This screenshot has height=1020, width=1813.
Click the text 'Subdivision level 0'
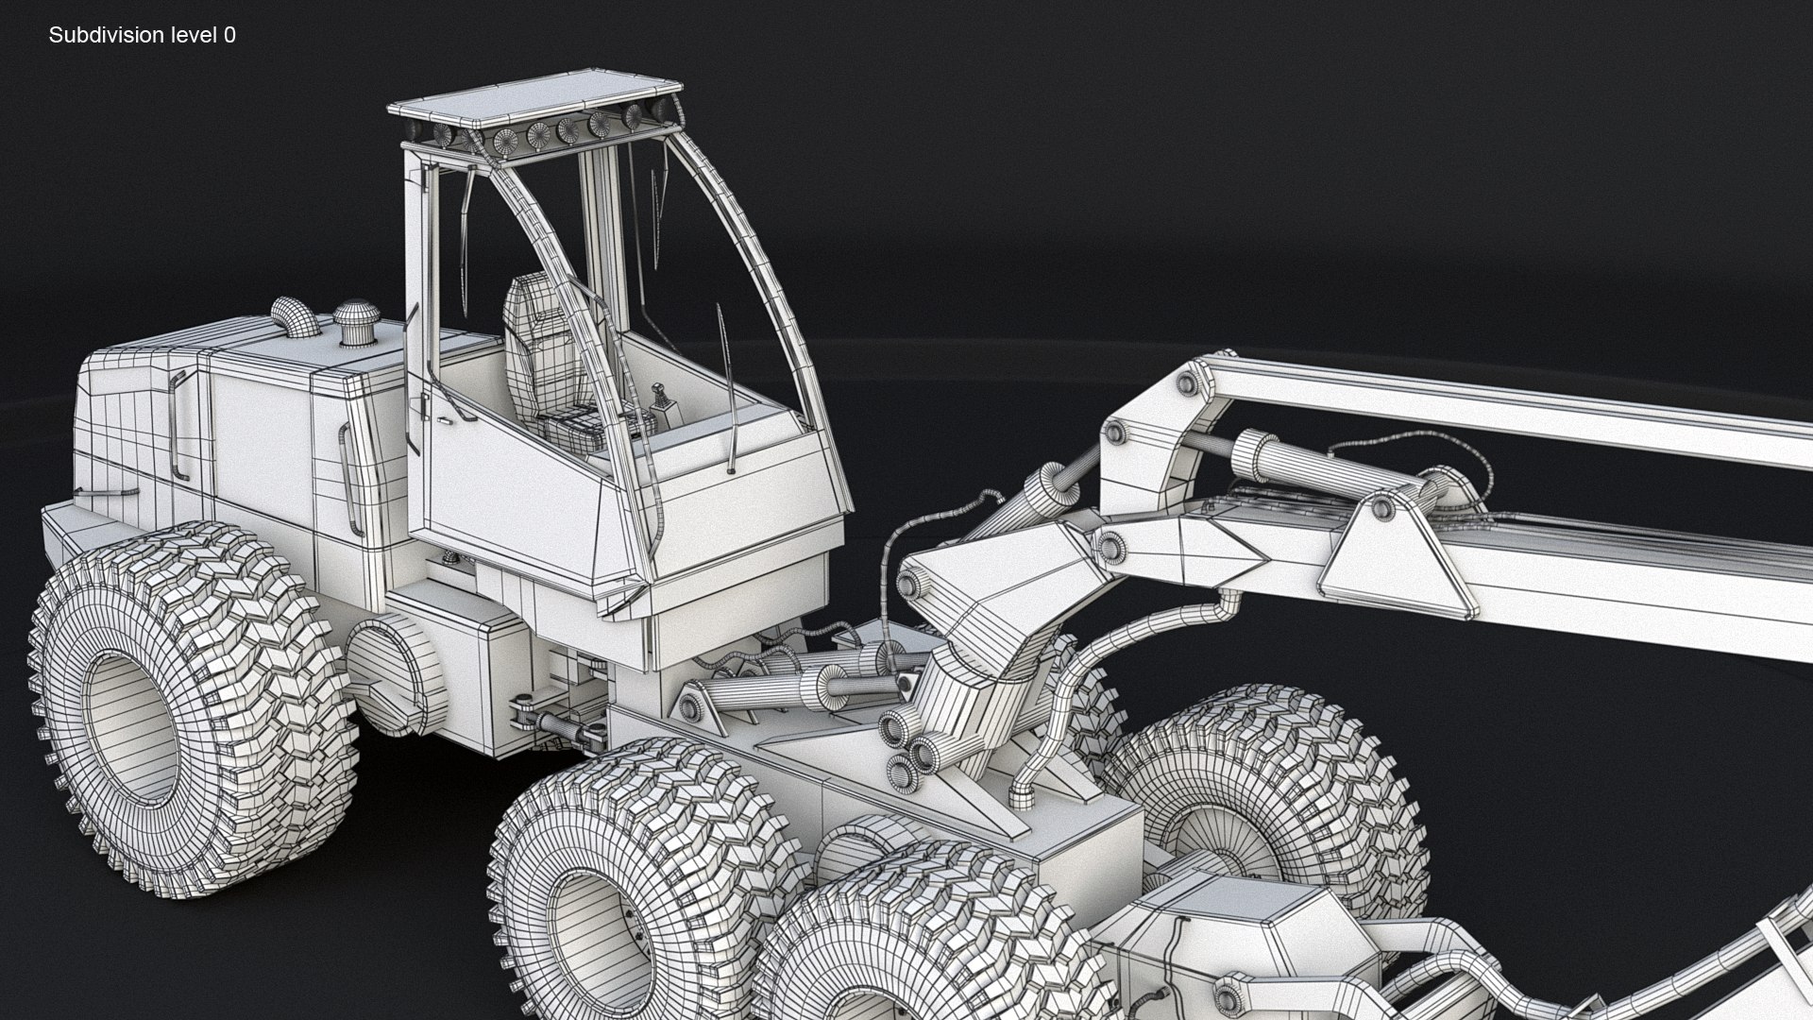click(142, 35)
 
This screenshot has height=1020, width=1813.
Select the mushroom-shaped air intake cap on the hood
click(357, 319)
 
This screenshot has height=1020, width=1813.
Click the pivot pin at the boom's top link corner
click(1188, 382)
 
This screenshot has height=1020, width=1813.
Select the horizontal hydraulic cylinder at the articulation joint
click(765, 689)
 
